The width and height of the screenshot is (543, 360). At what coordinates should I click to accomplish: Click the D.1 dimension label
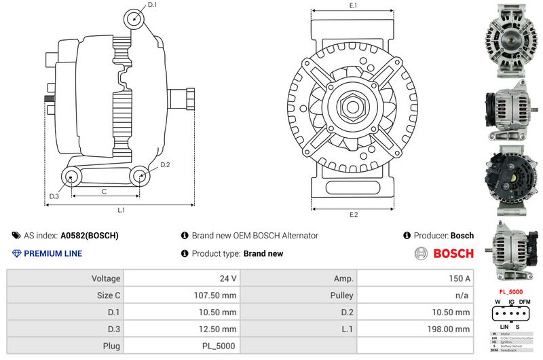tap(152, 5)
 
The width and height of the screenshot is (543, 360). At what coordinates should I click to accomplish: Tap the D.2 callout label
tap(165, 165)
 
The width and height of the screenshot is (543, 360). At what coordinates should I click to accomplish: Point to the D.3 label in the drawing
tap(54, 197)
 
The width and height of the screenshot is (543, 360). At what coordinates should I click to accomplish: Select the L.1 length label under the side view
tap(121, 211)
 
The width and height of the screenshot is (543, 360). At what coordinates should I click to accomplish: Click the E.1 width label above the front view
tap(353, 5)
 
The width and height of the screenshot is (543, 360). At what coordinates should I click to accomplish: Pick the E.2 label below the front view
tap(353, 215)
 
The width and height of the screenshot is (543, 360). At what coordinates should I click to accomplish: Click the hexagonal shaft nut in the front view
tap(353, 107)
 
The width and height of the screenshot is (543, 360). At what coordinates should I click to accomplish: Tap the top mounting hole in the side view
tap(134, 19)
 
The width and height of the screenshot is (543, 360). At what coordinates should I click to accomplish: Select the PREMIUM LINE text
tap(53, 253)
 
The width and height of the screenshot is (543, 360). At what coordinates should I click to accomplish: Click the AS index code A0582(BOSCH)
tap(90, 236)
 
